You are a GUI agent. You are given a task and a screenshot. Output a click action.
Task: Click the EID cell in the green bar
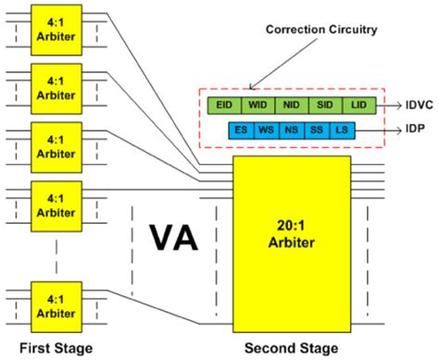[224, 106]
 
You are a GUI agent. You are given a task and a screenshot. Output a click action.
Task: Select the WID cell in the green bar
[257, 106]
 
